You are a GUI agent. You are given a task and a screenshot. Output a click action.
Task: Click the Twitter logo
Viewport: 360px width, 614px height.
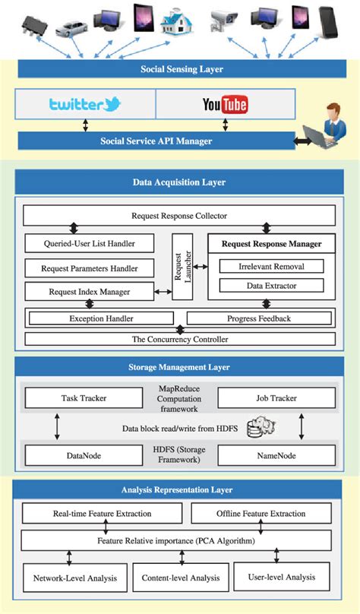click(x=86, y=105)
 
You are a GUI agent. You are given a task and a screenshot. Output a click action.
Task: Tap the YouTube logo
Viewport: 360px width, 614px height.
click(x=225, y=105)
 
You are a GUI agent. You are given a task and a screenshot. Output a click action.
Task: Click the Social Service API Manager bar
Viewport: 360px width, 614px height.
click(x=156, y=141)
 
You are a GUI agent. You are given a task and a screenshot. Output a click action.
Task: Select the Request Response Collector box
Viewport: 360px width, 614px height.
click(x=179, y=216)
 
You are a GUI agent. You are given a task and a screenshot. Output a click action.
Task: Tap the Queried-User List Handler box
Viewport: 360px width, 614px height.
click(x=90, y=244)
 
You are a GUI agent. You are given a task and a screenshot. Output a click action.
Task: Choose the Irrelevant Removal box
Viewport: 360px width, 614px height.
click(x=271, y=266)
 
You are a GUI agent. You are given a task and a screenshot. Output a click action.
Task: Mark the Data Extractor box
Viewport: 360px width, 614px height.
click(x=271, y=286)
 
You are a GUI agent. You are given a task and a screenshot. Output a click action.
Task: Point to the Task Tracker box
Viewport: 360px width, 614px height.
click(x=84, y=397)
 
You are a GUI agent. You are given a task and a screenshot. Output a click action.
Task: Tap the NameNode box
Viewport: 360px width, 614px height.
click(x=276, y=456)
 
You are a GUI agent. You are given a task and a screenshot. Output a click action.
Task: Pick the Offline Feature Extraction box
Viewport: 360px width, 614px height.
click(x=261, y=514)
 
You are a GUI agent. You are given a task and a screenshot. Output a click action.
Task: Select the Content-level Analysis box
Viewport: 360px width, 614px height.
click(x=181, y=578)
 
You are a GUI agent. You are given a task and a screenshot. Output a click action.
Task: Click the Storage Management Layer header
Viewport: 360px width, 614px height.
click(x=179, y=367)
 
